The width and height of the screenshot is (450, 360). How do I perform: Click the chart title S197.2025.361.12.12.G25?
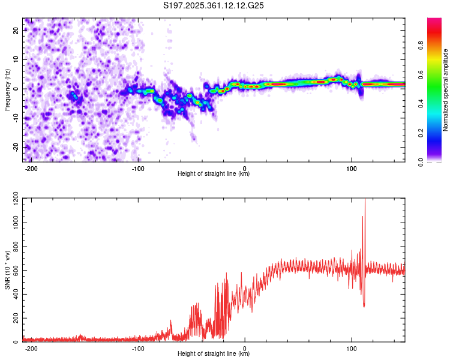coord(214,6)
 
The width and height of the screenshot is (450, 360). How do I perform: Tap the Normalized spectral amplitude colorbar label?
coord(446,90)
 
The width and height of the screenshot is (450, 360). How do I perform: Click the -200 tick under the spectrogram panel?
coord(31,167)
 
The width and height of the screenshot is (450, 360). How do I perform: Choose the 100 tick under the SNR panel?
coord(352,348)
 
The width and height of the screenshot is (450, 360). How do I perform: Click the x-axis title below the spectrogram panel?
coord(214,174)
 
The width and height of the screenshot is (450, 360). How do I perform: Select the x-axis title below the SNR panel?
coord(214,354)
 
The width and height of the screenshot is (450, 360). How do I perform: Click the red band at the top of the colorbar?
coord(434,24)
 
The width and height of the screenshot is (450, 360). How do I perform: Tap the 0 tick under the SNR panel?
coord(245,348)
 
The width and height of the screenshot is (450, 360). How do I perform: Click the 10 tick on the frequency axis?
coord(17,60)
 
